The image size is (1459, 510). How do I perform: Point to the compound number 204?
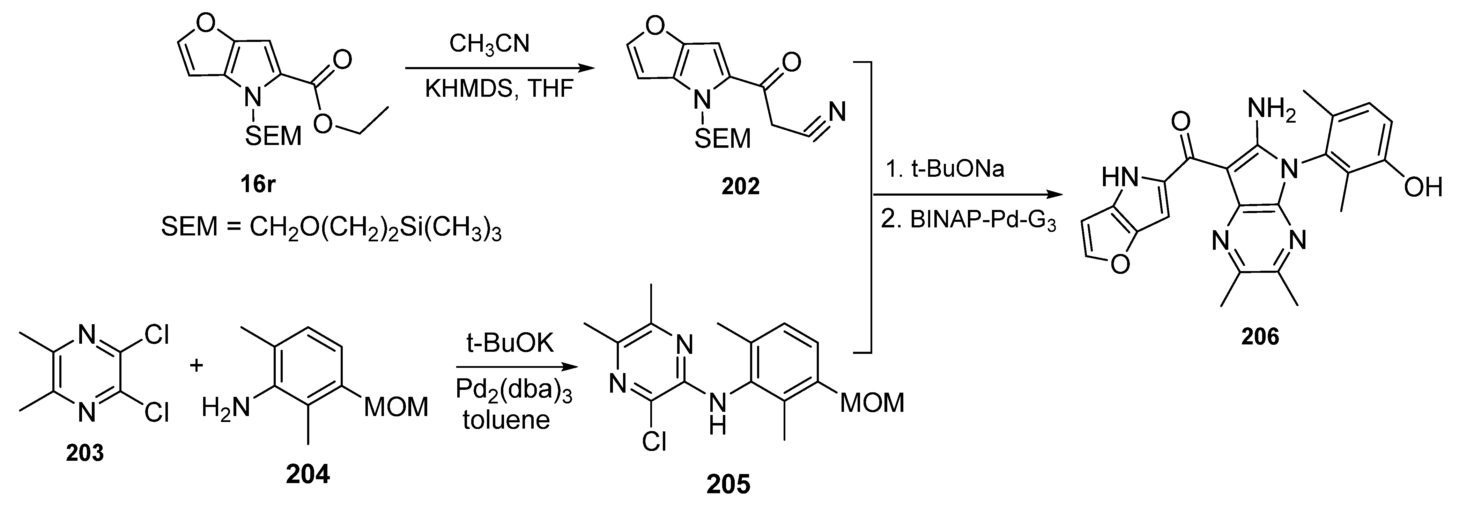(x=308, y=474)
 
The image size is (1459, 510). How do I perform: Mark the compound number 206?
(x=1260, y=337)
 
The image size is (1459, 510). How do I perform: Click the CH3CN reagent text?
(x=489, y=45)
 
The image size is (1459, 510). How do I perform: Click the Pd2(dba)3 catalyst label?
(x=514, y=391)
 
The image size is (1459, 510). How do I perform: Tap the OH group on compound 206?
(x=1422, y=187)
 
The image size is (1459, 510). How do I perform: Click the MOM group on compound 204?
(x=396, y=407)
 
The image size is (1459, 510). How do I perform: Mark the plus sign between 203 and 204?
(x=196, y=365)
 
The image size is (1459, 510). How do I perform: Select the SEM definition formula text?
(x=331, y=227)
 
